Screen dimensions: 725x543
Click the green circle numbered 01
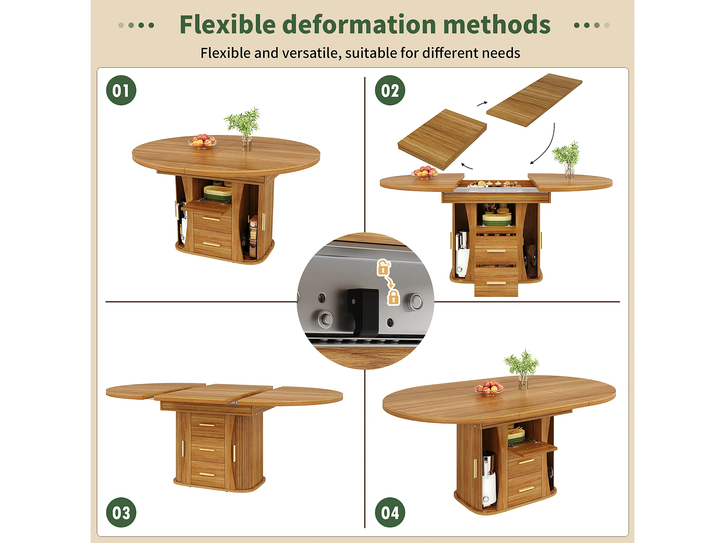tap(121, 90)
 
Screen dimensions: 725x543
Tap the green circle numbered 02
tap(390, 90)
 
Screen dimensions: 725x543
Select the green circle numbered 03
tap(121, 512)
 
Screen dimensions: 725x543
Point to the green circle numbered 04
tap(390, 512)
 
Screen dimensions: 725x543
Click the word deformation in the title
tap(359, 25)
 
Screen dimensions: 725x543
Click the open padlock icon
tap(383, 268)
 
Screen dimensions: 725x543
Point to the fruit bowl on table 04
tap(489, 388)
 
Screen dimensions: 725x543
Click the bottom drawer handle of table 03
tap(207, 474)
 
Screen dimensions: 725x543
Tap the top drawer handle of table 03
tap(207, 425)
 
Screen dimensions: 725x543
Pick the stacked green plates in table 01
tap(217, 193)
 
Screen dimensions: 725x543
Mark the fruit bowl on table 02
tap(424, 172)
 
